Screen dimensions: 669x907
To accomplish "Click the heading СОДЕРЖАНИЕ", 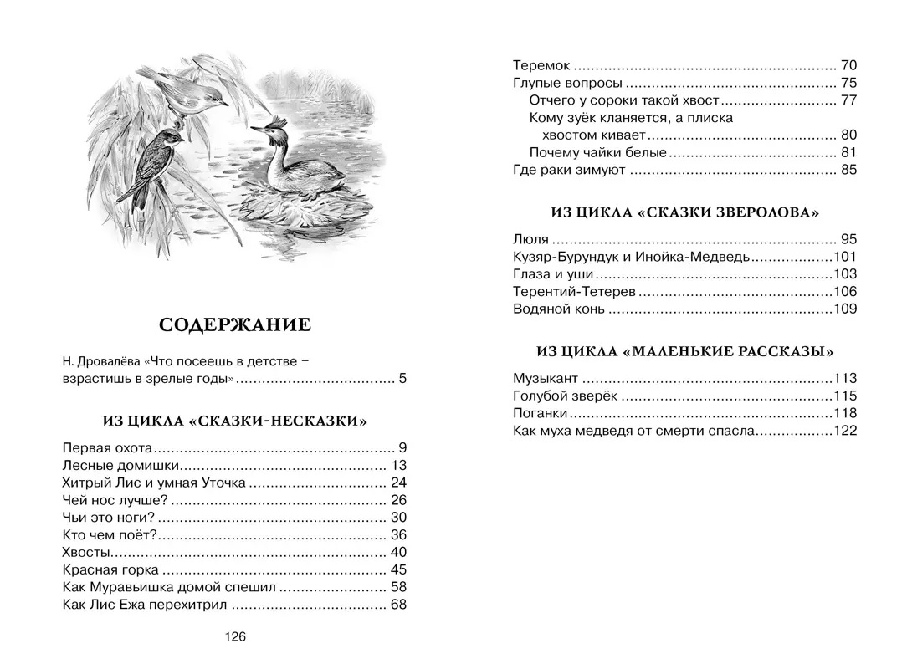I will (234, 324).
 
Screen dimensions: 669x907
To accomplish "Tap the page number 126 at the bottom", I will (235, 637).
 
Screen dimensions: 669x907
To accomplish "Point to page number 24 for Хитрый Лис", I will (398, 483).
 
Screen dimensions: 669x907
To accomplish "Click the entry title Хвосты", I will (87, 552).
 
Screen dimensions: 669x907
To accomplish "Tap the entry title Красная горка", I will (110, 569).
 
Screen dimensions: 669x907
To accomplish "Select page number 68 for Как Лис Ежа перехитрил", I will (398, 605).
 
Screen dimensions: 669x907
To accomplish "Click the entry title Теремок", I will (541, 65).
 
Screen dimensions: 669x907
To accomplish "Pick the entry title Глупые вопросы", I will (566, 83).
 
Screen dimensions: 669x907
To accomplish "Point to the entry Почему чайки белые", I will (597, 152).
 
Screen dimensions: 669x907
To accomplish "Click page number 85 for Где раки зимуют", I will (849, 170).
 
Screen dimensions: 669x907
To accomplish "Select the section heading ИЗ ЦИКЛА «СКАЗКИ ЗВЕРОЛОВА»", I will (684, 212).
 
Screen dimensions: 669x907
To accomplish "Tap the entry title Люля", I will (530, 239).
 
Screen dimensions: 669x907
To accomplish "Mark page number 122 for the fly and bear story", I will (846, 431).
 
